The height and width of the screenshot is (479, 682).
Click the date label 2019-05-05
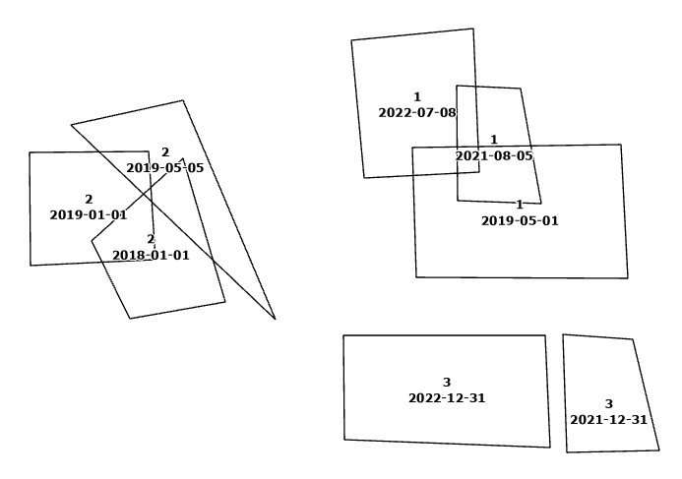(165, 168)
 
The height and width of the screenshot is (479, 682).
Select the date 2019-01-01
(89, 214)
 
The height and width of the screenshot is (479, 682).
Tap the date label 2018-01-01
(151, 256)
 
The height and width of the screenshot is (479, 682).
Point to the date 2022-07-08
(417, 113)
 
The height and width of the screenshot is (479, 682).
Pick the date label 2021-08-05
(494, 155)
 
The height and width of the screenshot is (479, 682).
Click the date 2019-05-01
(520, 221)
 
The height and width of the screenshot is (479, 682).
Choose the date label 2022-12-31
(447, 398)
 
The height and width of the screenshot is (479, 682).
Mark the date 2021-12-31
(608, 420)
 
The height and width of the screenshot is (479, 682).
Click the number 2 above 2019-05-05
(165, 152)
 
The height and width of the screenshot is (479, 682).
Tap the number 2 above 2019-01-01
(89, 200)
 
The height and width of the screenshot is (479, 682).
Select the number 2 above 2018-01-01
(151, 240)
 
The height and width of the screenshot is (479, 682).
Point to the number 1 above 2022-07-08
(417, 97)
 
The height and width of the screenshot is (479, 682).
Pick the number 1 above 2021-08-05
(494, 140)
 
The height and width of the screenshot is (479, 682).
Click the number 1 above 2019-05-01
(520, 206)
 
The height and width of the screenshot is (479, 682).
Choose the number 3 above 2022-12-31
(447, 383)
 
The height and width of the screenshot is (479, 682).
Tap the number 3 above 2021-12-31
(608, 404)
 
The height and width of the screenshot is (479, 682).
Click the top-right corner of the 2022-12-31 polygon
(545, 335)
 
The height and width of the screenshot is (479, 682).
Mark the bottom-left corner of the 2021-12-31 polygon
(567, 452)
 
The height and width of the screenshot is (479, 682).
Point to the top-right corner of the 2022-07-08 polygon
(473, 29)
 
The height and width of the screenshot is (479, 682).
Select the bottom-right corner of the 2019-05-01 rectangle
(628, 278)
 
